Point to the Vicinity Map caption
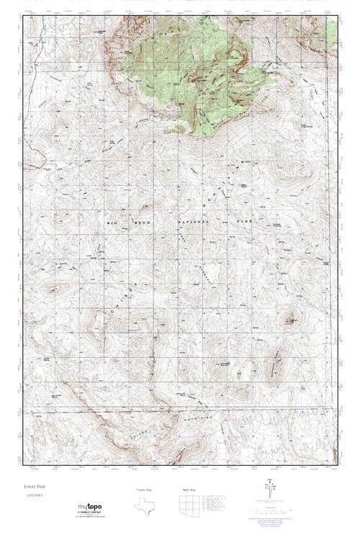(145, 489)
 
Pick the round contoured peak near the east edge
(292, 318)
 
